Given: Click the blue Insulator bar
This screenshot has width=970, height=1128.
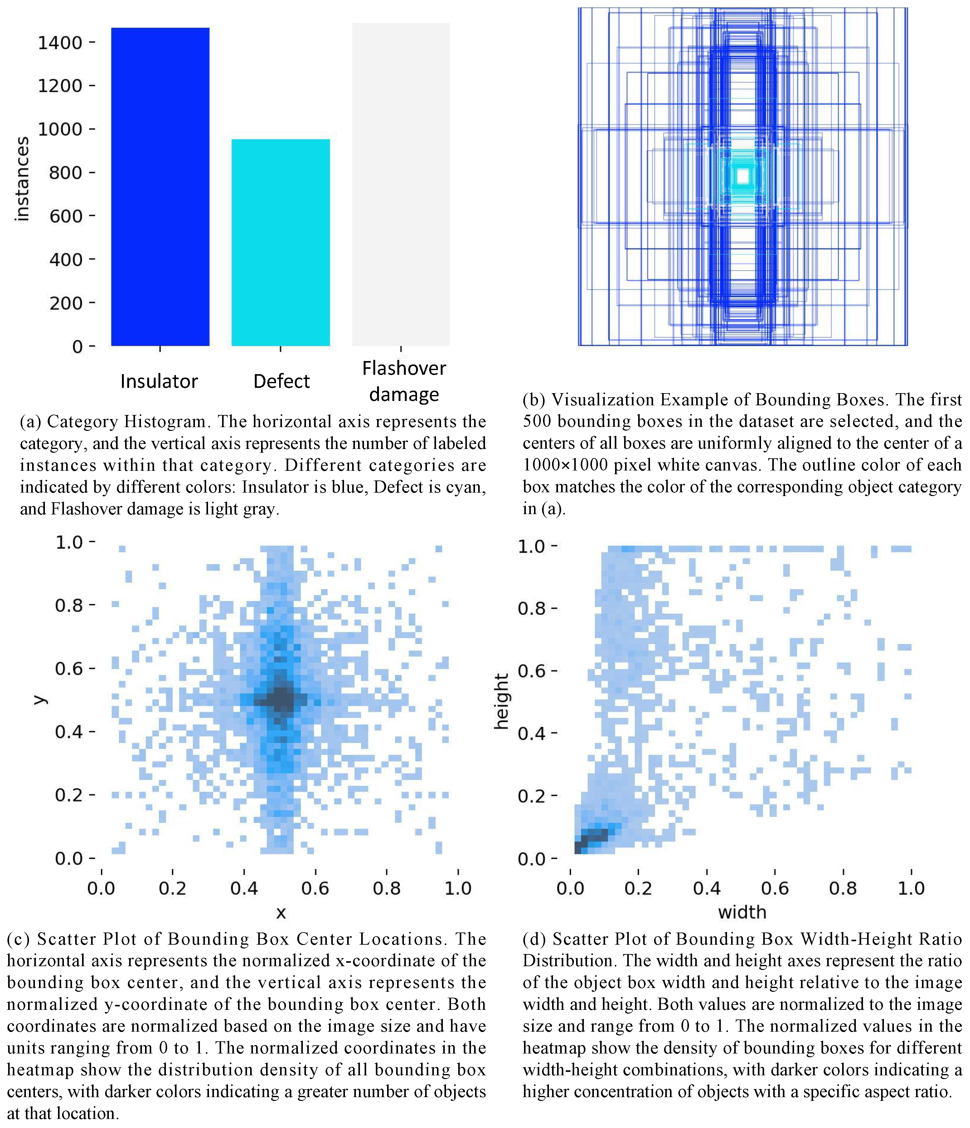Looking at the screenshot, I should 160,187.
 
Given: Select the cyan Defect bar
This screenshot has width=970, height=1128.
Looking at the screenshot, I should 280,242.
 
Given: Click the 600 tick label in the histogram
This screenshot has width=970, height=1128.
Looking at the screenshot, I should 65,216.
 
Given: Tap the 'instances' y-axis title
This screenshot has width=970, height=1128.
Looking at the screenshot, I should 22,179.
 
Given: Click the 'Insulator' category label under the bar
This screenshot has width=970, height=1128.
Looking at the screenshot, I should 159,381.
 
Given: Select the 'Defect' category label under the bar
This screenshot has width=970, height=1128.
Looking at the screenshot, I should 281,381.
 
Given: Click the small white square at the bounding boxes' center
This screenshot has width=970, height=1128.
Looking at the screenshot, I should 742,176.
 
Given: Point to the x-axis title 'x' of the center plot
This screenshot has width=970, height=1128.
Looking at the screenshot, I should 280,913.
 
